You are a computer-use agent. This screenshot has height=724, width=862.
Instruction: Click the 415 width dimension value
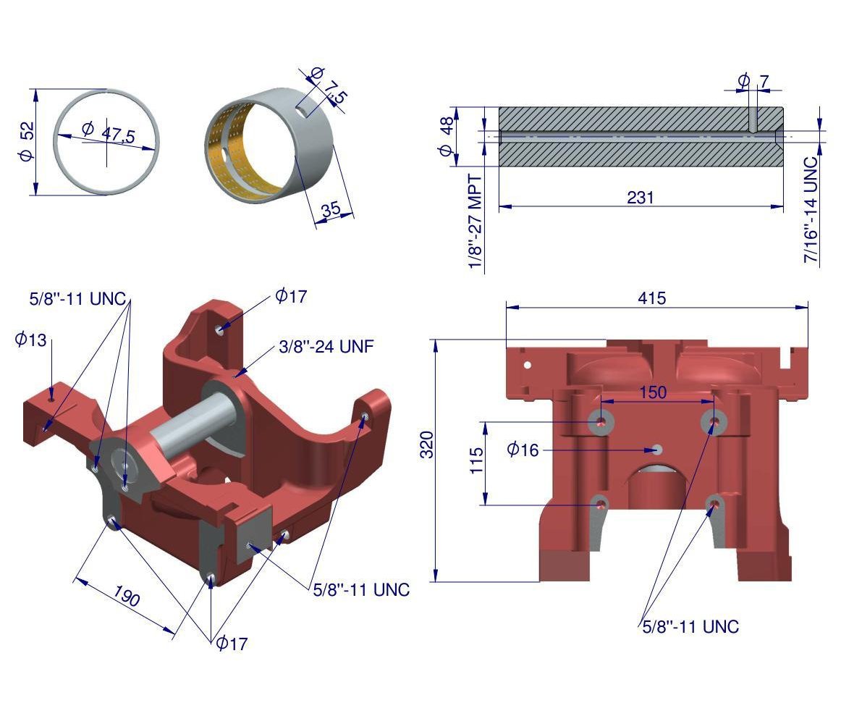[651, 298]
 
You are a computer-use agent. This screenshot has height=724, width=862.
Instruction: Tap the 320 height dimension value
[426, 445]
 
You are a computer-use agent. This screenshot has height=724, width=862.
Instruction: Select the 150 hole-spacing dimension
[653, 392]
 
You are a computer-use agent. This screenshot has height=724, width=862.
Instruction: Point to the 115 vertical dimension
[477, 460]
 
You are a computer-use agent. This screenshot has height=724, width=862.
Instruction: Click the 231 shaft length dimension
[641, 198]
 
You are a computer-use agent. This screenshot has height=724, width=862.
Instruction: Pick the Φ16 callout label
[523, 450]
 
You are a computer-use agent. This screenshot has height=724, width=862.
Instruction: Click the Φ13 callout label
[31, 339]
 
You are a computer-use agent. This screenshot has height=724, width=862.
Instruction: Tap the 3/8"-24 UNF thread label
[326, 347]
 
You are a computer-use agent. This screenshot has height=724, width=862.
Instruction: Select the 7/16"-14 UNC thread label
[811, 209]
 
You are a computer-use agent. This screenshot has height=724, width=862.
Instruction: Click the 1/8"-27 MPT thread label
[475, 222]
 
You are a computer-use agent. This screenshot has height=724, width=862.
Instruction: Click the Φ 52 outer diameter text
[26, 141]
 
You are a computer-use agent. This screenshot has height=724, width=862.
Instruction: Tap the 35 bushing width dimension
[331, 209]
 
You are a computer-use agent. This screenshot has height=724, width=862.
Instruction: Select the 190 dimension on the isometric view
[127, 595]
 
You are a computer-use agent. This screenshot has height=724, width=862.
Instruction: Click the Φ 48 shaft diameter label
[446, 136]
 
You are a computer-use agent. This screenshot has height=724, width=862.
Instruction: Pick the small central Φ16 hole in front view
[656, 450]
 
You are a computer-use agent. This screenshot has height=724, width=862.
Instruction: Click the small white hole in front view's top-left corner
[527, 364]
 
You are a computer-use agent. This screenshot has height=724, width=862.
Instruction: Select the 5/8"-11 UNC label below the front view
[690, 627]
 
